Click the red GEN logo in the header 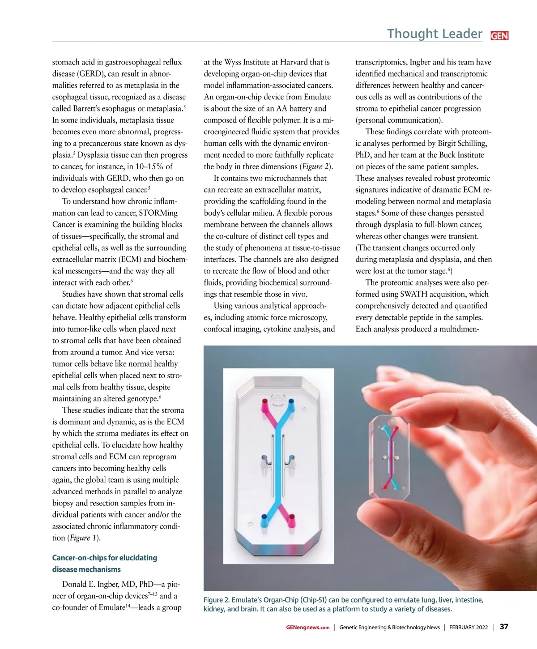(x=499, y=36)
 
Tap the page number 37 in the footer (x=504, y=627)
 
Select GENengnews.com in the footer (x=307, y=628)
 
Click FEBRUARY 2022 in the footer (x=469, y=628)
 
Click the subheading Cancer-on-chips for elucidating (x=105, y=558)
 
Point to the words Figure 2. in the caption (x=217, y=600)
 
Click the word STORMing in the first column (x=158, y=213)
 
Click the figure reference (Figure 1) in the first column (x=84, y=538)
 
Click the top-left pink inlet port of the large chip (x=264, y=401)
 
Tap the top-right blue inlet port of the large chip (x=292, y=401)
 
